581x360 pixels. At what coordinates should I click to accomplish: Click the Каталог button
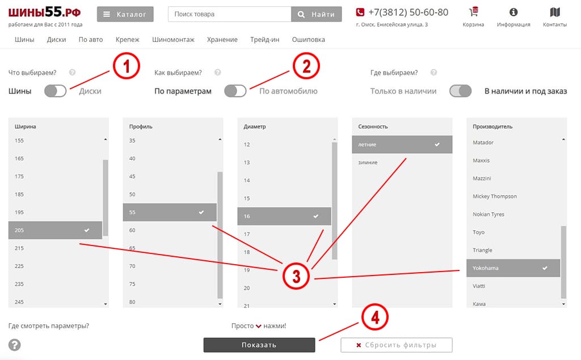tap(125, 14)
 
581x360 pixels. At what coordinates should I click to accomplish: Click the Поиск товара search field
tap(229, 14)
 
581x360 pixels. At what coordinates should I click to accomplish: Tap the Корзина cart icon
tap(473, 12)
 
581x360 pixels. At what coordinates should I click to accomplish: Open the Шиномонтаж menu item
tap(173, 40)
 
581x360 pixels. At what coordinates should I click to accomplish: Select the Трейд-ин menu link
tap(264, 40)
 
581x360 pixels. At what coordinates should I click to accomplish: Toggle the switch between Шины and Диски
tap(55, 91)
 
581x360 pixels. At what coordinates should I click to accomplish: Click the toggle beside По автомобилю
tap(235, 91)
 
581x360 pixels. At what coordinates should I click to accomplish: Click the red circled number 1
tap(127, 66)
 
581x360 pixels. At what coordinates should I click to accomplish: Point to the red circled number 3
tap(296, 276)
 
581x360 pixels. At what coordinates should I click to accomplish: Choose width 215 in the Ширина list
tap(19, 248)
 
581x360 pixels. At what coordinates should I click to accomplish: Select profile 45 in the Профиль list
tap(132, 176)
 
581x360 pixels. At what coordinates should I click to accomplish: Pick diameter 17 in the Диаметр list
tap(247, 234)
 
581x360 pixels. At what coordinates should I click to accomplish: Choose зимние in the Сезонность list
tap(368, 162)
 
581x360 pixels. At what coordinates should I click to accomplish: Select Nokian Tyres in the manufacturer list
tap(489, 214)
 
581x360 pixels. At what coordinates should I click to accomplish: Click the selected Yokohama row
tap(513, 268)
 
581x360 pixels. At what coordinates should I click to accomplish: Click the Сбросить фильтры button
tap(397, 345)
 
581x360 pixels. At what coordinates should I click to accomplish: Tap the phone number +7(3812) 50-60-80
tap(408, 12)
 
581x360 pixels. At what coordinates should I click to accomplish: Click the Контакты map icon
tap(555, 12)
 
